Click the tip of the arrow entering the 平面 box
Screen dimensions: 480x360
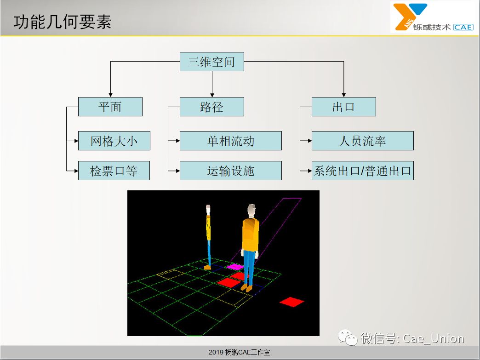pos(110,97)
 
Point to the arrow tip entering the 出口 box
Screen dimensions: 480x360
pos(344,97)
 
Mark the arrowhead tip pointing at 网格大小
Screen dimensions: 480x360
pos(78,141)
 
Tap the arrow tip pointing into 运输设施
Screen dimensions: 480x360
pos(180,171)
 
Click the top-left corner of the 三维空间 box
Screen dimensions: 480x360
pos(180,52)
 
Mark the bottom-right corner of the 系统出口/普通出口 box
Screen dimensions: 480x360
pos(414,180)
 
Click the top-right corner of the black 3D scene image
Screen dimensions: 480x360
pos(319,190)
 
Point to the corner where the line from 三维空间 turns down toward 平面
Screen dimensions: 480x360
pos(110,62)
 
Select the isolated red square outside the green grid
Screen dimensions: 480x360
pos(292,302)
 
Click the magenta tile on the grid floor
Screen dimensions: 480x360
pos(235,267)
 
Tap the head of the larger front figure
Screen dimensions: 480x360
pos(251,211)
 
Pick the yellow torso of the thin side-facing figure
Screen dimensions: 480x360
pos(208,228)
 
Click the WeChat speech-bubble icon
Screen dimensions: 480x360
pos(348,337)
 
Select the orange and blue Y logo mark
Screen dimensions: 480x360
pos(410,17)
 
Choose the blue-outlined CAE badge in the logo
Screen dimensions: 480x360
pos(463,27)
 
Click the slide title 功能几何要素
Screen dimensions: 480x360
pos(63,22)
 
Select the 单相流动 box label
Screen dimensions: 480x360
pos(231,141)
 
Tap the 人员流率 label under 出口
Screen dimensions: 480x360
pos(362,141)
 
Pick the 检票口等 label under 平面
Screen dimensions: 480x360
pos(114,171)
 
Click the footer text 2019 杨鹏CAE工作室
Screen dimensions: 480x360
pos(240,352)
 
